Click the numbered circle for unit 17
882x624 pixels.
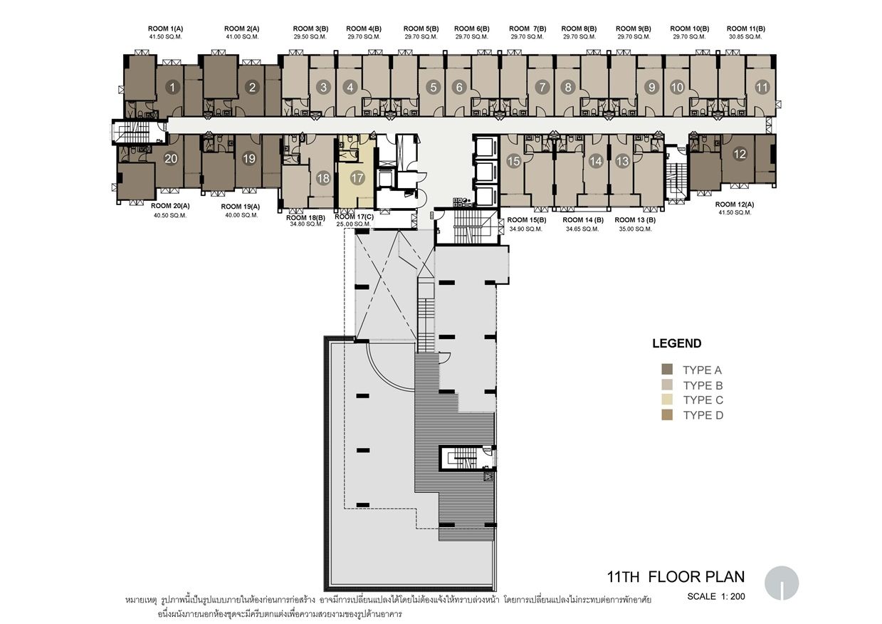click(357, 178)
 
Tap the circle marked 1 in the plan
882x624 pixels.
click(172, 87)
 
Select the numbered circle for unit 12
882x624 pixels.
click(740, 154)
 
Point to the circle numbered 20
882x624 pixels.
click(171, 158)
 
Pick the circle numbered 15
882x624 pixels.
click(513, 161)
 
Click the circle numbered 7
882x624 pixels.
click(542, 87)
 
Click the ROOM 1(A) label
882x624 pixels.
click(165, 28)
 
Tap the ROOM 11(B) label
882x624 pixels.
click(746, 28)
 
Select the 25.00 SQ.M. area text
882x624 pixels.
click(354, 224)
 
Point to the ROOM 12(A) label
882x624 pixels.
click(735, 204)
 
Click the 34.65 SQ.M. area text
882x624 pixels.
click(582, 229)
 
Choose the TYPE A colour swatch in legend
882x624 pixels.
click(667, 369)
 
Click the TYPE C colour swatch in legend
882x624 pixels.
click(667, 400)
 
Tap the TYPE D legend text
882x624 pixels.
click(703, 415)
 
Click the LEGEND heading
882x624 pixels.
click(677, 343)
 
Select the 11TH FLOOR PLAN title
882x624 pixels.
click(676, 577)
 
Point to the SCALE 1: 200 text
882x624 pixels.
click(716, 596)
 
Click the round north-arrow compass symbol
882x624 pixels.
click(782, 583)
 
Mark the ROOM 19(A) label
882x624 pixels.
click(240, 207)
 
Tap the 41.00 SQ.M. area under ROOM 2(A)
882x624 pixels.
click(242, 37)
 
